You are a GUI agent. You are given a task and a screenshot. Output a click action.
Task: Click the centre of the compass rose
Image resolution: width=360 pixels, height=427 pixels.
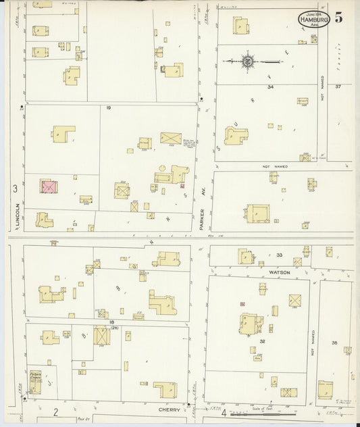tap(248, 61)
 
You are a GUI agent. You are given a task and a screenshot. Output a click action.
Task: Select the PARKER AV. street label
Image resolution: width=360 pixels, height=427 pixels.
tap(201, 218)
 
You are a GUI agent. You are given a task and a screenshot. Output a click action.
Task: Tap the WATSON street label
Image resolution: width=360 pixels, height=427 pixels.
tap(280, 272)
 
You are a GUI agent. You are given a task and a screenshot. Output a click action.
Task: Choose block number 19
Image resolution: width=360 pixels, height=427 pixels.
tap(107, 107)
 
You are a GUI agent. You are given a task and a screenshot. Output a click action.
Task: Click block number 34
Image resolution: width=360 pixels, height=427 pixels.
tap(270, 87)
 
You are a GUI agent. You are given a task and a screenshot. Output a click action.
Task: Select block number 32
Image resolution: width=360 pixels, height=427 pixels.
tap(261, 342)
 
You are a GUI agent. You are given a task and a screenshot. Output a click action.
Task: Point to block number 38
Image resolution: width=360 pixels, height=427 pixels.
tap(335, 342)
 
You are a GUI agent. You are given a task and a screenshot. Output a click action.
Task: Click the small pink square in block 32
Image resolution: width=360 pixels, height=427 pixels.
tap(242, 304)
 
